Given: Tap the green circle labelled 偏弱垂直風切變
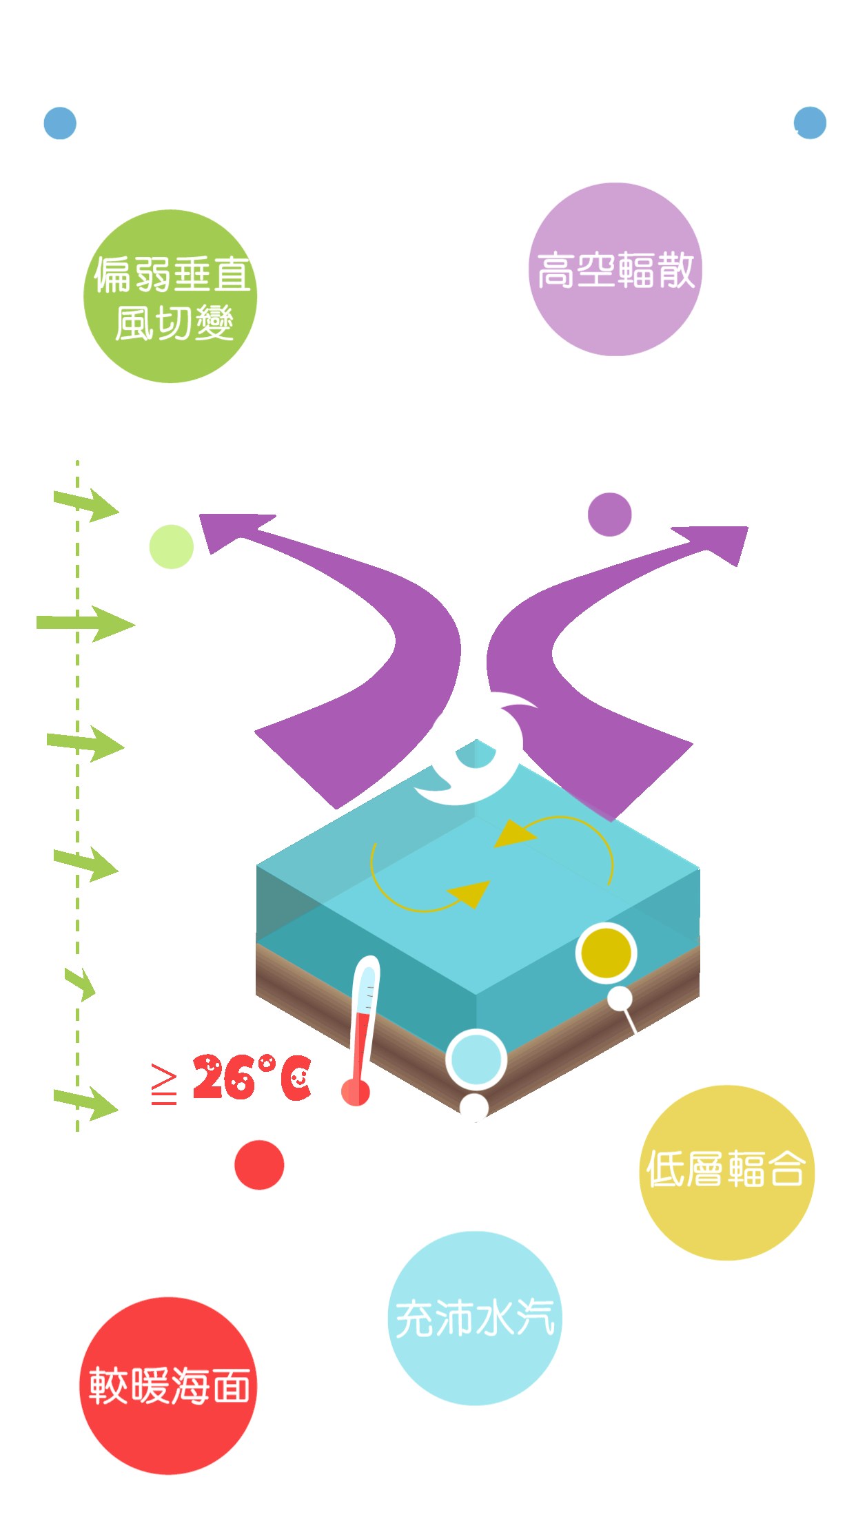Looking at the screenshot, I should (x=170, y=297).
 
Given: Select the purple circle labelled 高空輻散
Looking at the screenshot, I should (x=615, y=269).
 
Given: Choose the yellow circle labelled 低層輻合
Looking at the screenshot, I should (x=726, y=1172).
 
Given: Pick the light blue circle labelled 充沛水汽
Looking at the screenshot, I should (x=475, y=1318).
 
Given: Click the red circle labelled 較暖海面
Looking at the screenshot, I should (x=168, y=1385).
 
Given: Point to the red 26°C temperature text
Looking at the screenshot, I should (x=252, y=1077).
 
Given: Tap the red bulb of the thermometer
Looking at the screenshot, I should (x=354, y=1092).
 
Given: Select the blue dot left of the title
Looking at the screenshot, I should (x=60, y=123).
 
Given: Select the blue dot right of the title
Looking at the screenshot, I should (x=810, y=123).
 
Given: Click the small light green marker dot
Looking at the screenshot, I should (x=171, y=546).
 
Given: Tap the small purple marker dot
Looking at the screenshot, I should (x=609, y=515).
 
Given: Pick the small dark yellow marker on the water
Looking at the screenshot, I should (x=606, y=953).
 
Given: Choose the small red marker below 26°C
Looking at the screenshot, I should (x=259, y=1165).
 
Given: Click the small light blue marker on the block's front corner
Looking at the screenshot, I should (x=476, y=1059).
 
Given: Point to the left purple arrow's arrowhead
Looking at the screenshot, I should (x=224, y=530).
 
